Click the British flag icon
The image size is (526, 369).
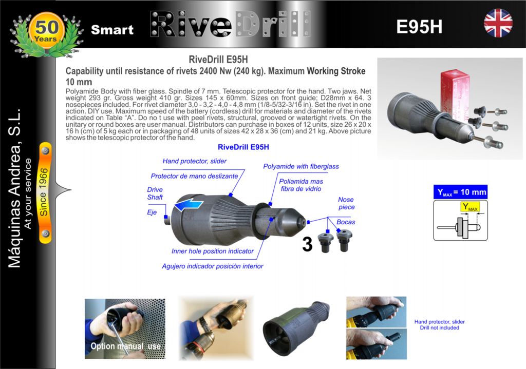pyautogui.click(x=498, y=23)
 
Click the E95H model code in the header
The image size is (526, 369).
pyautogui.click(x=419, y=27)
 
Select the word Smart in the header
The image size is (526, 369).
pyautogui.click(x=112, y=30)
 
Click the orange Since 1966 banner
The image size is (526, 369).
pyautogui.click(x=45, y=192)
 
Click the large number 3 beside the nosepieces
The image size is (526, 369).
pyautogui.click(x=307, y=244)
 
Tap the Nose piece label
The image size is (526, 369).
pyautogui.click(x=346, y=203)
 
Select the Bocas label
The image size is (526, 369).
pyautogui.click(x=346, y=222)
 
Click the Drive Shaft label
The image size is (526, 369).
pyautogui.click(x=155, y=193)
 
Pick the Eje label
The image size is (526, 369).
pyautogui.click(x=152, y=212)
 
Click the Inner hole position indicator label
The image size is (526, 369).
pyautogui.click(x=212, y=251)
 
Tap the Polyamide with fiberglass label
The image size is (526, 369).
pyautogui.click(x=301, y=166)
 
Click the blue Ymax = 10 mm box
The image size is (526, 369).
pyautogui.click(x=460, y=192)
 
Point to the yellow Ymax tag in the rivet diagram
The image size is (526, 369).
pyautogui.click(x=470, y=207)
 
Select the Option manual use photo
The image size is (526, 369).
pyautogui.click(x=125, y=329)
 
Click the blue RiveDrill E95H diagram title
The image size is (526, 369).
pyautogui.click(x=243, y=147)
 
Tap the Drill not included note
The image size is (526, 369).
pyautogui.click(x=440, y=328)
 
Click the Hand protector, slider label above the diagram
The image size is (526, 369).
pyautogui.click(x=195, y=161)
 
